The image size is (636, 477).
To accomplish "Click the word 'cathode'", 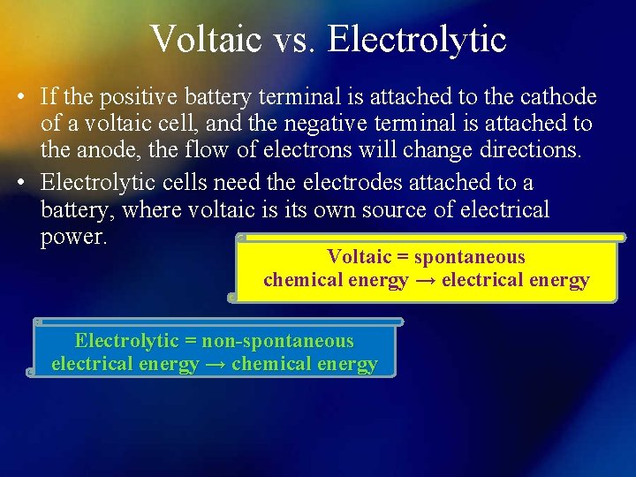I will (556, 97).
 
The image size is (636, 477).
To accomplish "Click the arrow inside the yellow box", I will (425, 281).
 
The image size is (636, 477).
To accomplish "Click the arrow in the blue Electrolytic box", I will (215, 364).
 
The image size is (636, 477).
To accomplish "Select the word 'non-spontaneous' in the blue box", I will (277, 341).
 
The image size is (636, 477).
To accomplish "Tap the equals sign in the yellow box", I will (403, 257).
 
